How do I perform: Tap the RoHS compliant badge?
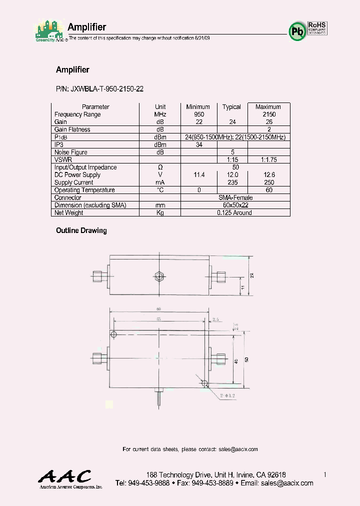click(317, 28)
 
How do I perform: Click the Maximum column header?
click(268, 107)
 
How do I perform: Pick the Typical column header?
click(231, 107)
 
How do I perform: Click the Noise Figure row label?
click(71, 152)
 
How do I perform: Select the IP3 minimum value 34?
click(198, 145)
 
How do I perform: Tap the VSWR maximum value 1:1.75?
click(268, 160)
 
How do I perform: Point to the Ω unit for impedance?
click(160, 167)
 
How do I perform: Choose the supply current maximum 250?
click(268, 182)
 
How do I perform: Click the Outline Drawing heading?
click(81, 230)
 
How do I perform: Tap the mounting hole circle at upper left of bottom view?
click(113, 334)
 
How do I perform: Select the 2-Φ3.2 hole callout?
click(226, 394)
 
